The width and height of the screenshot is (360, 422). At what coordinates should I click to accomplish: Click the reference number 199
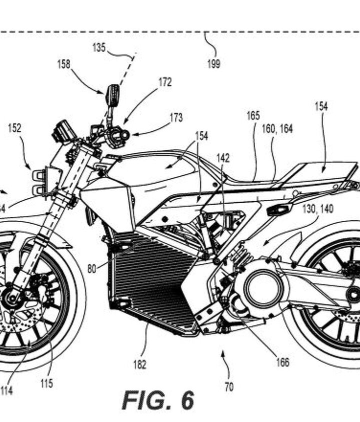(x=213, y=63)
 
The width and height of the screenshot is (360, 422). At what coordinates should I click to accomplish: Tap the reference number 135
(x=99, y=47)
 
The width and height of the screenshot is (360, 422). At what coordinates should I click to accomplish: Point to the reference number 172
(x=165, y=82)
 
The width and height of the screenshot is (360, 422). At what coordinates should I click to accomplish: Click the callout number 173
(x=176, y=118)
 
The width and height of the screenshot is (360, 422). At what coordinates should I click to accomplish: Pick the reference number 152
(x=14, y=128)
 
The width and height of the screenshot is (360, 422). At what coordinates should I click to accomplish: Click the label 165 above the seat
(x=253, y=116)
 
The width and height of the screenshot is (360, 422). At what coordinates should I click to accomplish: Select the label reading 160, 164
(x=277, y=129)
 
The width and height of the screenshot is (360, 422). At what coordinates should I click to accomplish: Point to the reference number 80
(x=91, y=268)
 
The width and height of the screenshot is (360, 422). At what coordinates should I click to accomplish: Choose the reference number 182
(x=140, y=365)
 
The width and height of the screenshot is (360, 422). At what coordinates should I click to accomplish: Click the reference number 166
(x=282, y=363)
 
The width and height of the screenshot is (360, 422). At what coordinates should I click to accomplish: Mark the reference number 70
(x=229, y=387)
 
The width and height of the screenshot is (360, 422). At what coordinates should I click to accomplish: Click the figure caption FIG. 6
(x=158, y=400)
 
